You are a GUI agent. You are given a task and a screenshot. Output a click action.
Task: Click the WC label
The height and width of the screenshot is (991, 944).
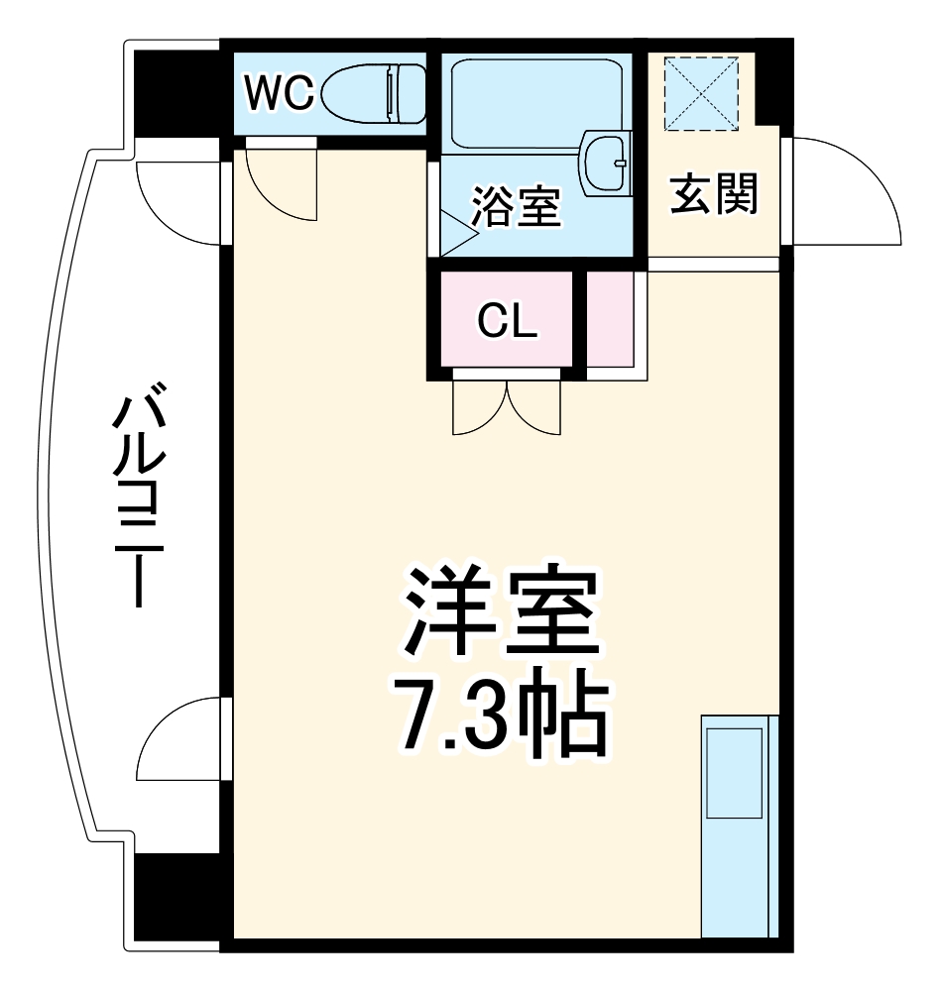tap(279, 94)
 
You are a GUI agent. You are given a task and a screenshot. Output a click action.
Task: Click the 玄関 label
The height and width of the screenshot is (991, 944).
tap(715, 193)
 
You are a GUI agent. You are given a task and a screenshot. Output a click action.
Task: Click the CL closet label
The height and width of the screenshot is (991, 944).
tap(507, 321)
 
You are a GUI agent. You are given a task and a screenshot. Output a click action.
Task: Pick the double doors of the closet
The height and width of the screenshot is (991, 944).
tap(507, 406)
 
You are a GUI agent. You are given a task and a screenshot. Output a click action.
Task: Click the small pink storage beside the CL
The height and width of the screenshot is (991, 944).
tap(610, 319)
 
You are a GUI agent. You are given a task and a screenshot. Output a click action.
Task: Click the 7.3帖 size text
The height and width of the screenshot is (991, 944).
tap(501, 714)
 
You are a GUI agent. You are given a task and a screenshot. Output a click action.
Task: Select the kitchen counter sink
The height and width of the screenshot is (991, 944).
tap(734, 773)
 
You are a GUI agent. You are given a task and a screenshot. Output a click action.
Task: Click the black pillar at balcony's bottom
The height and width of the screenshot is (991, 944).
tap(177, 897)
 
